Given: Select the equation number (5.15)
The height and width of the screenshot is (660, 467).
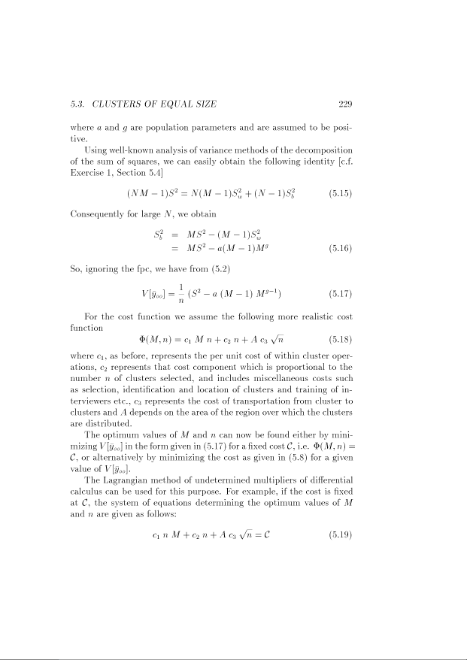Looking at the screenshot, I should [x=341, y=193].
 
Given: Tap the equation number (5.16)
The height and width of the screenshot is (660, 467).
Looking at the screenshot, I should [x=341, y=247].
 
